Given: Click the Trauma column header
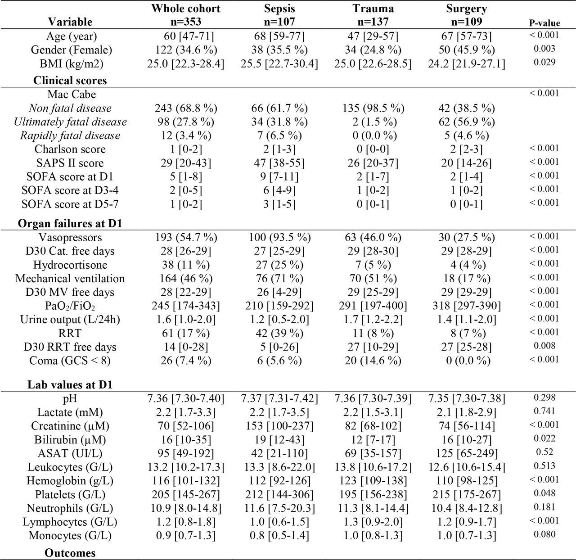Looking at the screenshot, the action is (x=373, y=15).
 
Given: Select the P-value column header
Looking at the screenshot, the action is (x=544, y=23).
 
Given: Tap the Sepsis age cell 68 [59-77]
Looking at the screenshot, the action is (x=279, y=36).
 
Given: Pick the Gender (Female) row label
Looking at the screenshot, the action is (x=72, y=50).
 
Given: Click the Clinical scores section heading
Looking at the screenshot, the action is (x=70, y=81).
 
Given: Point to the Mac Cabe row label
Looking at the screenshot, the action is (x=72, y=94).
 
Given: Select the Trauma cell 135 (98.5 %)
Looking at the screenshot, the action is (x=373, y=108).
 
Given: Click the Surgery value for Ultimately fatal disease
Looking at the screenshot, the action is (x=467, y=122).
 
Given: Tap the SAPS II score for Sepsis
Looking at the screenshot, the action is (x=279, y=163).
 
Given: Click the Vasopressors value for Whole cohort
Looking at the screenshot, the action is (x=186, y=237).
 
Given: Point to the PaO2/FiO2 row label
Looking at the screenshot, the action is (x=70, y=306).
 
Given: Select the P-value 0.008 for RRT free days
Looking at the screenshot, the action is (x=544, y=346).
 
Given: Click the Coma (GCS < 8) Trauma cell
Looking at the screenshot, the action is (x=373, y=361).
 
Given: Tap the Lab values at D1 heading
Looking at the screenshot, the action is (x=70, y=385).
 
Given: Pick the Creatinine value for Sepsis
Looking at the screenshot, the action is (x=279, y=426).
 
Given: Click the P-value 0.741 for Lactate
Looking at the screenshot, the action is (x=544, y=411).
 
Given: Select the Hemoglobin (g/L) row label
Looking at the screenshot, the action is (x=70, y=481).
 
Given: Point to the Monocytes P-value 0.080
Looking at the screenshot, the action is (x=544, y=534).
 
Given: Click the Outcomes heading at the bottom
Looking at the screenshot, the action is (x=70, y=553).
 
